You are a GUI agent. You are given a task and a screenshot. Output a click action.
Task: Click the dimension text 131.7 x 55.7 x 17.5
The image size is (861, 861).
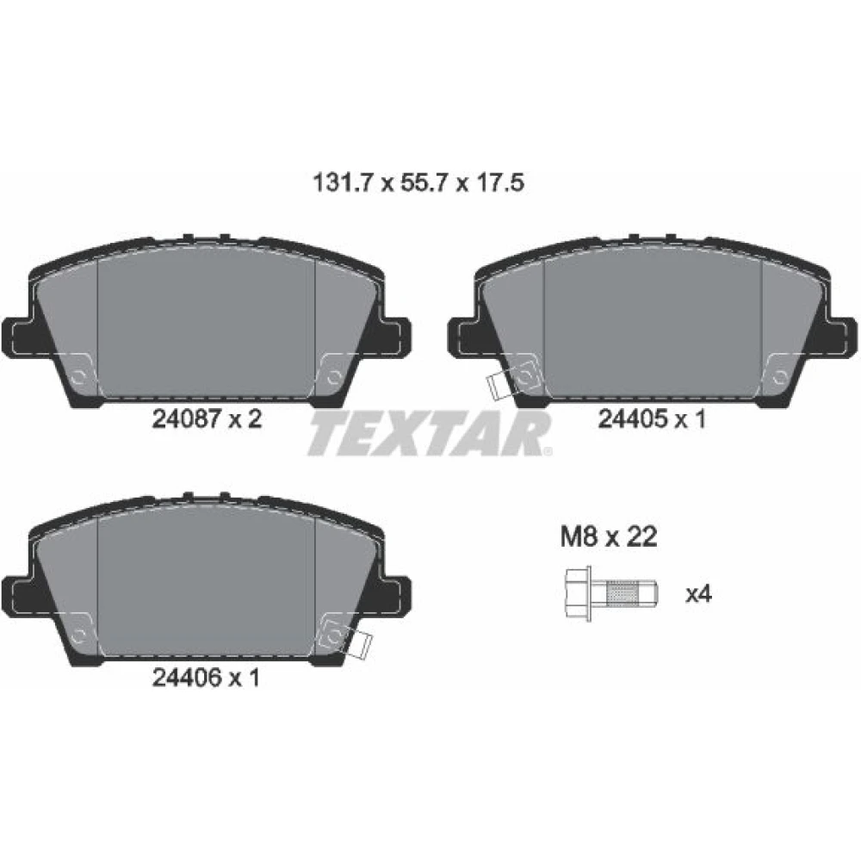(418, 183)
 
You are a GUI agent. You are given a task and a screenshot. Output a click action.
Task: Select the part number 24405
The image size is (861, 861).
(632, 419)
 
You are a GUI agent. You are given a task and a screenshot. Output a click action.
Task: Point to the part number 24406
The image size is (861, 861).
(186, 678)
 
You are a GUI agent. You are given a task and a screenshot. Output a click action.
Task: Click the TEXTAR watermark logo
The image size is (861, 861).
(430, 434)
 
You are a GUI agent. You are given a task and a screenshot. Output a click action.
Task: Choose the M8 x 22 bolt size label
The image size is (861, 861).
(609, 536)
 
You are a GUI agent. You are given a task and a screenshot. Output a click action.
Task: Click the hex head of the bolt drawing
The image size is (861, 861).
(578, 594)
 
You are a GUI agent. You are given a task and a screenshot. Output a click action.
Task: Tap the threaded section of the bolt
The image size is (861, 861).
(622, 594)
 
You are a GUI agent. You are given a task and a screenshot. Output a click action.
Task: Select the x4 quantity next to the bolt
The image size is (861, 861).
(698, 594)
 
